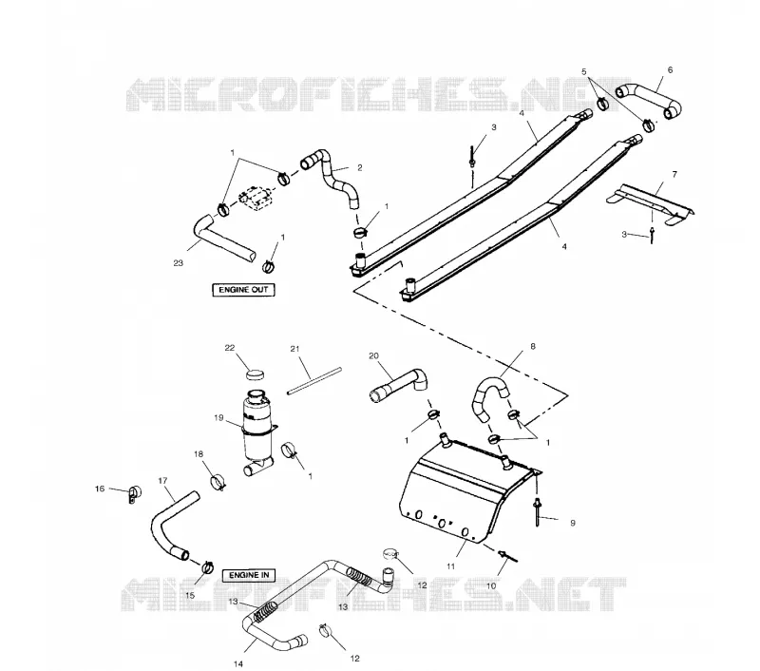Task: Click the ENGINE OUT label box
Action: click(x=243, y=290)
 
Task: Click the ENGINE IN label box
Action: click(x=249, y=576)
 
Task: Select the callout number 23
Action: click(x=178, y=263)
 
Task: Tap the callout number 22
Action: click(x=230, y=348)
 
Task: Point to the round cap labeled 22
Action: click(x=255, y=374)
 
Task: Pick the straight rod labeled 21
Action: click(x=314, y=381)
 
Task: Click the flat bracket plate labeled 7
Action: click(x=651, y=203)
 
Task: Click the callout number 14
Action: click(x=238, y=663)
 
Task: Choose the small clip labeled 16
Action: click(x=133, y=493)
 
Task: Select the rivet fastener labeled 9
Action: click(x=538, y=512)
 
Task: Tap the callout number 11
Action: click(x=450, y=566)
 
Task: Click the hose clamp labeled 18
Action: click(x=218, y=482)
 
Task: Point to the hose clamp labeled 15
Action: click(x=207, y=566)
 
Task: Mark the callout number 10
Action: click(x=491, y=586)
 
